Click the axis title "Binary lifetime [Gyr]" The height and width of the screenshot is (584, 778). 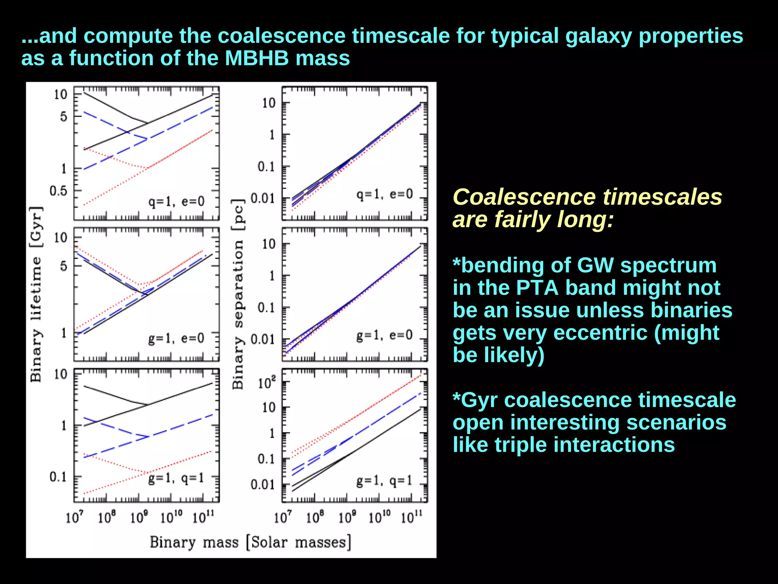click(36, 294)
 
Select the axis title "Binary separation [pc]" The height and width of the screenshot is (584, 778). click(238, 294)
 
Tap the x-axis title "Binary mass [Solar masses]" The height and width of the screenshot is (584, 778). click(250, 542)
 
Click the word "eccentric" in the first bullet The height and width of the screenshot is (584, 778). click(600, 333)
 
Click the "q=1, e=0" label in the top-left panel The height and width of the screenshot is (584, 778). click(176, 201)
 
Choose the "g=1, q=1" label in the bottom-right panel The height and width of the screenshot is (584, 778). click(384, 481)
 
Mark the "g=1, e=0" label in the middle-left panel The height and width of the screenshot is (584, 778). click(176, 338)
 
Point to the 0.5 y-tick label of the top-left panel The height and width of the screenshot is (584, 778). click(59, 191)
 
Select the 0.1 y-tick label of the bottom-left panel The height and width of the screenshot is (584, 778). click(58, 476)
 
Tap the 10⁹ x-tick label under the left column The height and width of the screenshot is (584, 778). click(139, 517)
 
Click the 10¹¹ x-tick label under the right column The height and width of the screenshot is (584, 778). click(411, 517)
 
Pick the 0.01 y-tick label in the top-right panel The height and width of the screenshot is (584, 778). click(262, 198)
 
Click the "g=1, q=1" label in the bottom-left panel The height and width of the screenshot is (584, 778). click(176, 478)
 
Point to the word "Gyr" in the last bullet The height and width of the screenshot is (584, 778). click(479, 400)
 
